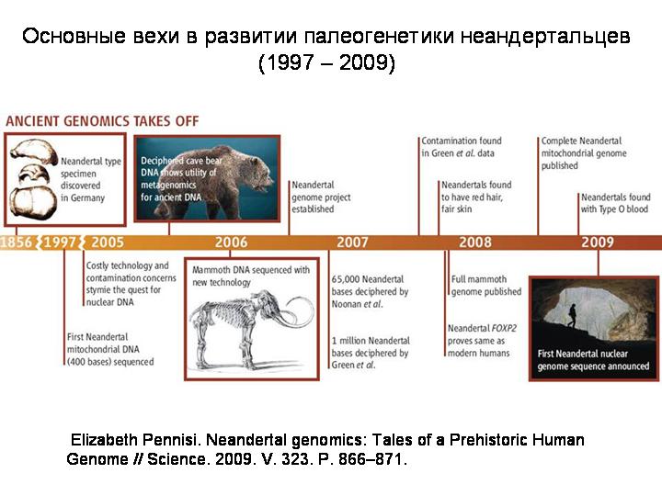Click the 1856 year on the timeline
pos(16,242)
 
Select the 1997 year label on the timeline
pos(60,242)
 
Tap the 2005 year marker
pos(108,242)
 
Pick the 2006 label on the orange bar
pos(231,242)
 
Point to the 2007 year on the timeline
pos(352,242)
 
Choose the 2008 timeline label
pos(475,242)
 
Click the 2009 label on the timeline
pos(598,242)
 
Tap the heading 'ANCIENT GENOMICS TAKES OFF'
pos(102,121)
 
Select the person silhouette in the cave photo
pos(573,315)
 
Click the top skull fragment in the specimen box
pos(35,152)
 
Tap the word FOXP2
pos(504,328)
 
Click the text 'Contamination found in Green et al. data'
pos(462,147)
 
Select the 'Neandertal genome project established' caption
pos(321,197)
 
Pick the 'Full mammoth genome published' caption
pos(486,286)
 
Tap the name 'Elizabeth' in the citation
pos(104,439)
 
